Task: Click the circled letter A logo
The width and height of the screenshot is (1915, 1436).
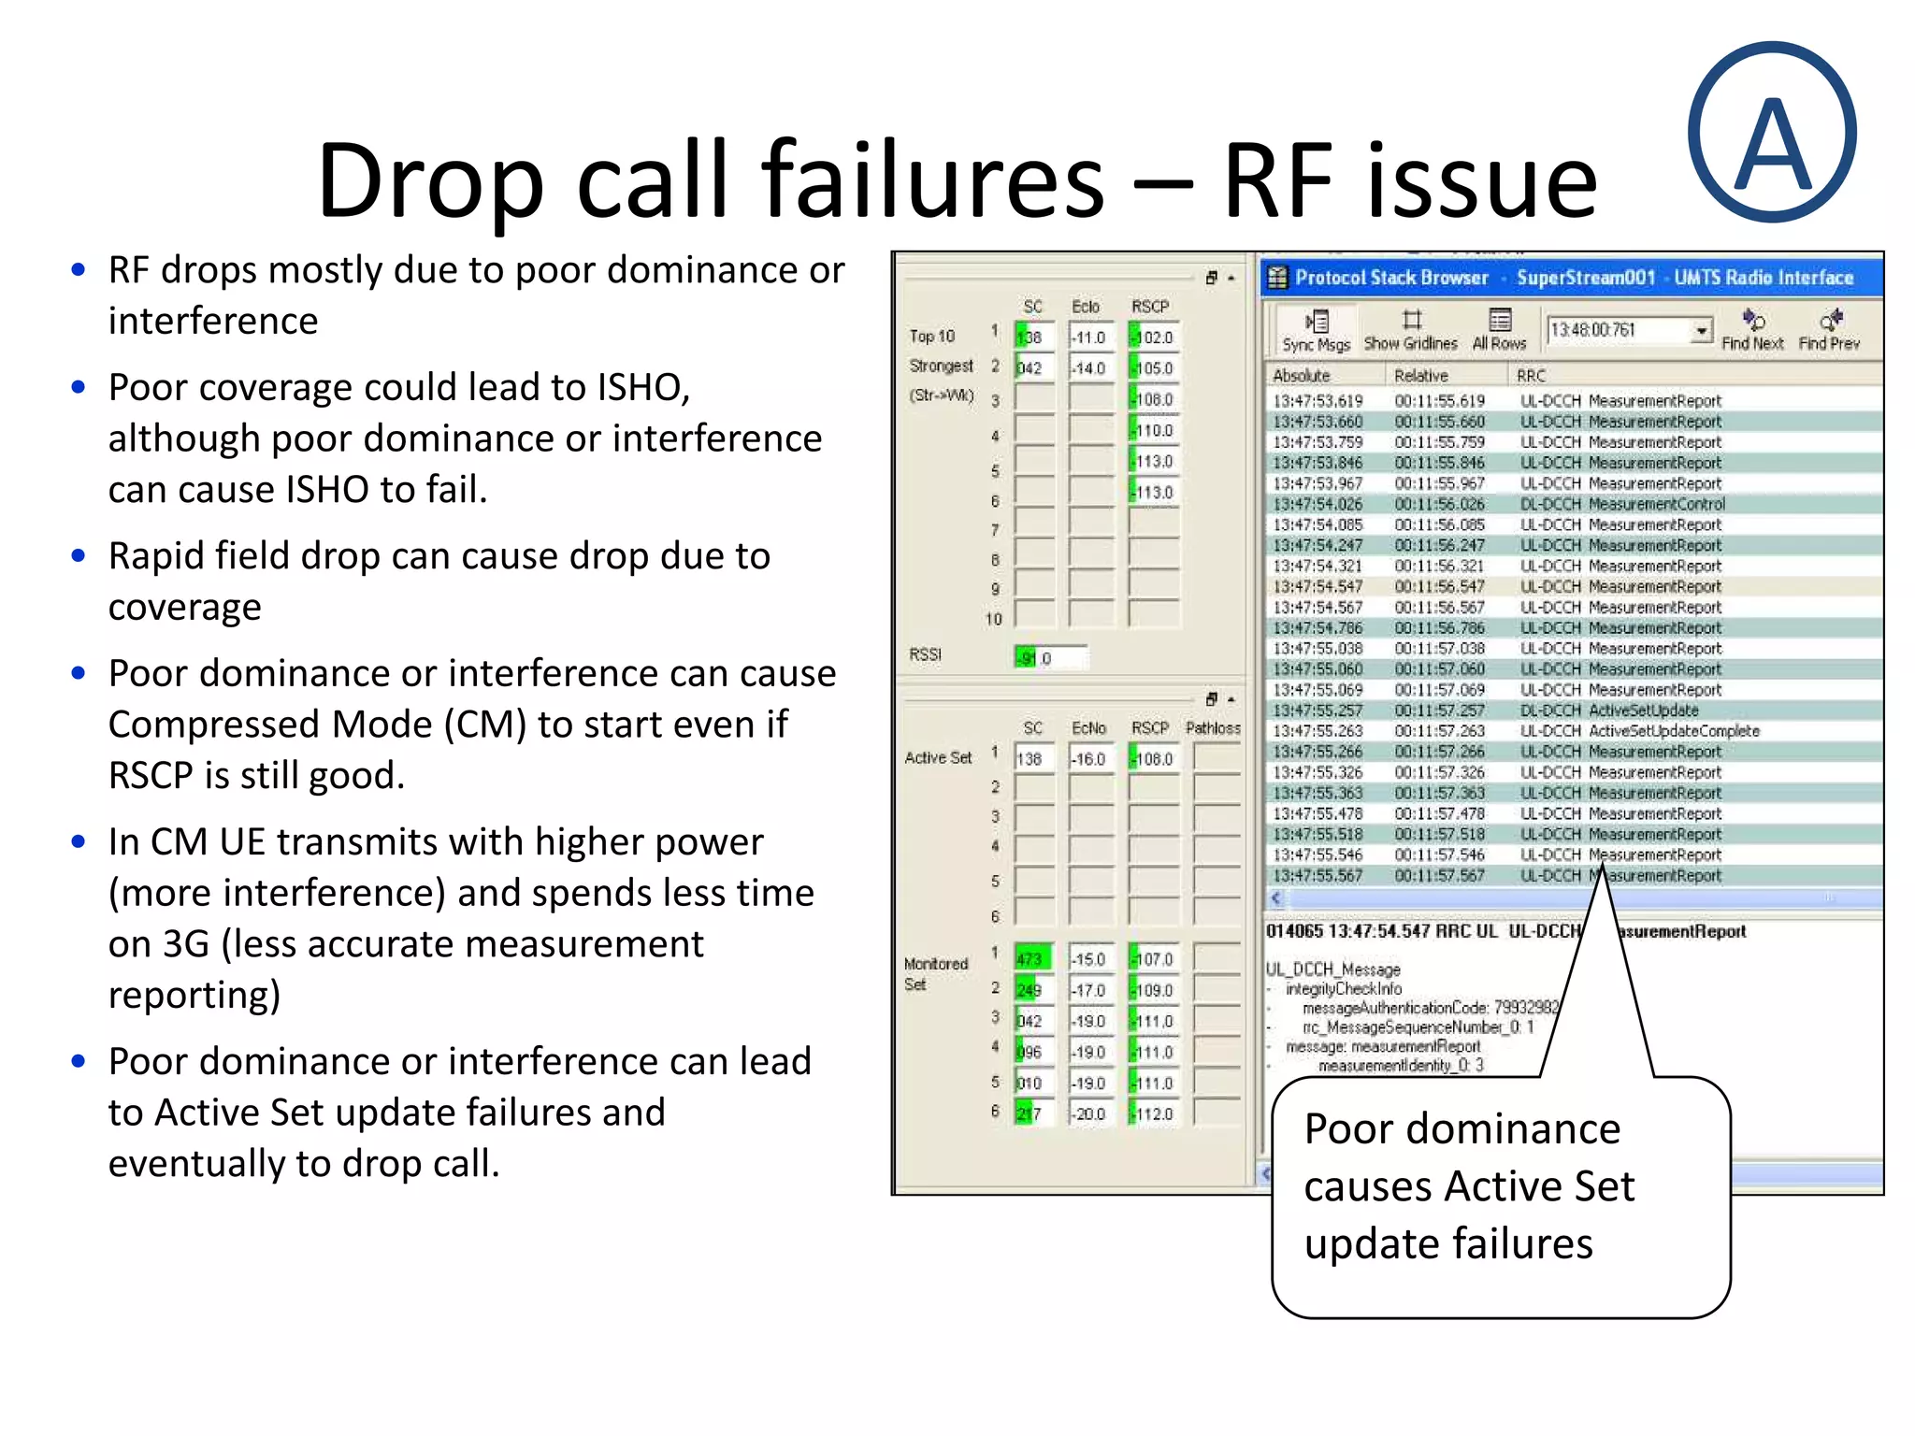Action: pyautogui.click(x=1772, y=132)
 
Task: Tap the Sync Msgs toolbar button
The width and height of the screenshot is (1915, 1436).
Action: pyautogui.click(x=1316, y=331)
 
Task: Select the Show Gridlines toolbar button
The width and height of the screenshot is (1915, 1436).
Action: pyautogui.click(x=1410, y=331)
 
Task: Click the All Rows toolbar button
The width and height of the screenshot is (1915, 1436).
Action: pyautogui.click(x=1499, y=331)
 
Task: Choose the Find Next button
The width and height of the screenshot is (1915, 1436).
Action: pyautogui.click(x=1752, y=331)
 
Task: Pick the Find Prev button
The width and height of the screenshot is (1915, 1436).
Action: pyautogui.click(x=1829, y=331)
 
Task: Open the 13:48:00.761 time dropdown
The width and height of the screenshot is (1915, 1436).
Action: pyautogui.click(x=1701, y=330)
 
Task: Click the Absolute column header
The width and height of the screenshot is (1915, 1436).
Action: pyautogui.click(x=1301, y=376)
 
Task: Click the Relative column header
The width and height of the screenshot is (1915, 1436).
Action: pyautogui.click(x=1420, y=376)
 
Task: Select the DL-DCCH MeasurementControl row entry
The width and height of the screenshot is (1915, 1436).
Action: pyautogui.click(x=1622, y=504)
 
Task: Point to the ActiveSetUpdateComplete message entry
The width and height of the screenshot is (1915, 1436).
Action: pyautogui.click(x=1674, y=731)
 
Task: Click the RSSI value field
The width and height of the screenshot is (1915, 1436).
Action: pyautogui.click(x=1050, y=658)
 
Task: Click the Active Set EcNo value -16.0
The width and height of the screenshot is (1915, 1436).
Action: pyautogui.click(x=1089, y=759)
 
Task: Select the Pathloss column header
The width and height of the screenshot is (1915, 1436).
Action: pyautogui.click(x=1213, y=728)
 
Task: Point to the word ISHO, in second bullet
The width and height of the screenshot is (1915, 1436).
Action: pyautogui.click(x=643, y=387)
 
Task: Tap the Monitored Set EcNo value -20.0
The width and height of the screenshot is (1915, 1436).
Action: pyautogui.click(x=1090, y=1114)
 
